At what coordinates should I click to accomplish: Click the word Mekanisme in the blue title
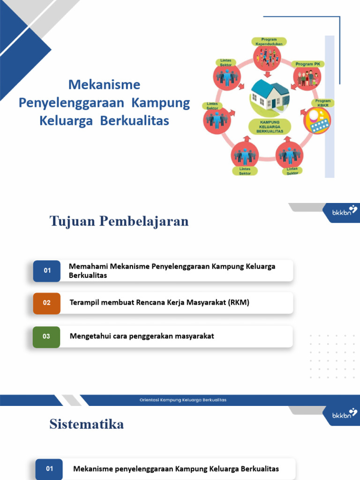point(104,85)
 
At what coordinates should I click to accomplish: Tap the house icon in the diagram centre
point(270,95)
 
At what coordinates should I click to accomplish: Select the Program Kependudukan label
point(269,42)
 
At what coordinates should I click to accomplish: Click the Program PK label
point(307,64)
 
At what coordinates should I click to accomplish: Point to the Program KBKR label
point(323,103)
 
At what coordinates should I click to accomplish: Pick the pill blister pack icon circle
point(317,121)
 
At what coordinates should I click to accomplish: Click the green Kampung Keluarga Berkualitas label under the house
point(270,127)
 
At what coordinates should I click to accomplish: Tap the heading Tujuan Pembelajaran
point(119,221)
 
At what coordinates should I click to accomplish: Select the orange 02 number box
point(47,303)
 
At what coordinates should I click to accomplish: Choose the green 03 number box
point(46,337)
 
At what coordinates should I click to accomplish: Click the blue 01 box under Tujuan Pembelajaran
point(47,270)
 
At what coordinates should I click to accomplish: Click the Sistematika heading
point(87,425)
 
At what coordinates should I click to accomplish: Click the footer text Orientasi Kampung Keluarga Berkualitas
point(183,400)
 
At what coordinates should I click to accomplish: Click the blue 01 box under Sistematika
point(49,469)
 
